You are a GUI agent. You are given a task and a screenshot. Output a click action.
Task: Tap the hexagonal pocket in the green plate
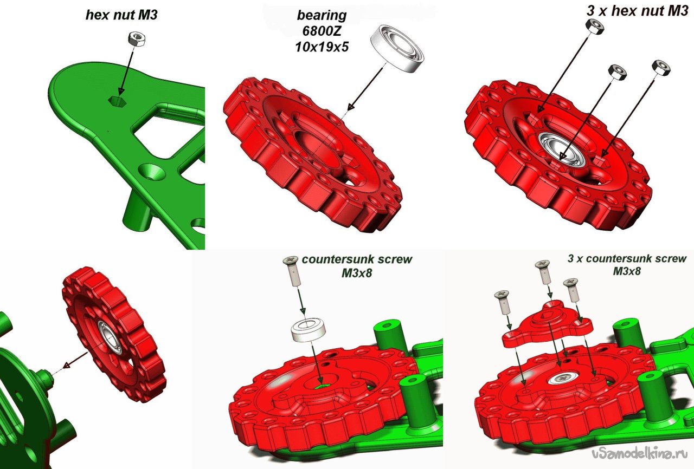(x=117, y=101)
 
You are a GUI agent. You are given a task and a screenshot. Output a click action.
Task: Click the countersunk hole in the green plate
(x=152, y=173)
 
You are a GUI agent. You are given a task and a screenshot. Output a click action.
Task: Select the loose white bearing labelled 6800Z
(x=397, y=49)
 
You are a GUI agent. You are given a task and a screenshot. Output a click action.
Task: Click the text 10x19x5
(x=322, y=47)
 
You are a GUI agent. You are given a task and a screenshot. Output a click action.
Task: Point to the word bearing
(x=322, y=15)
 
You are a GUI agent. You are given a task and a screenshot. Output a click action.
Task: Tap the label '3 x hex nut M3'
(x=637, y=11)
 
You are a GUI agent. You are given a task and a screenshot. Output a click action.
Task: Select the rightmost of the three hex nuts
(x=661, y=68)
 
